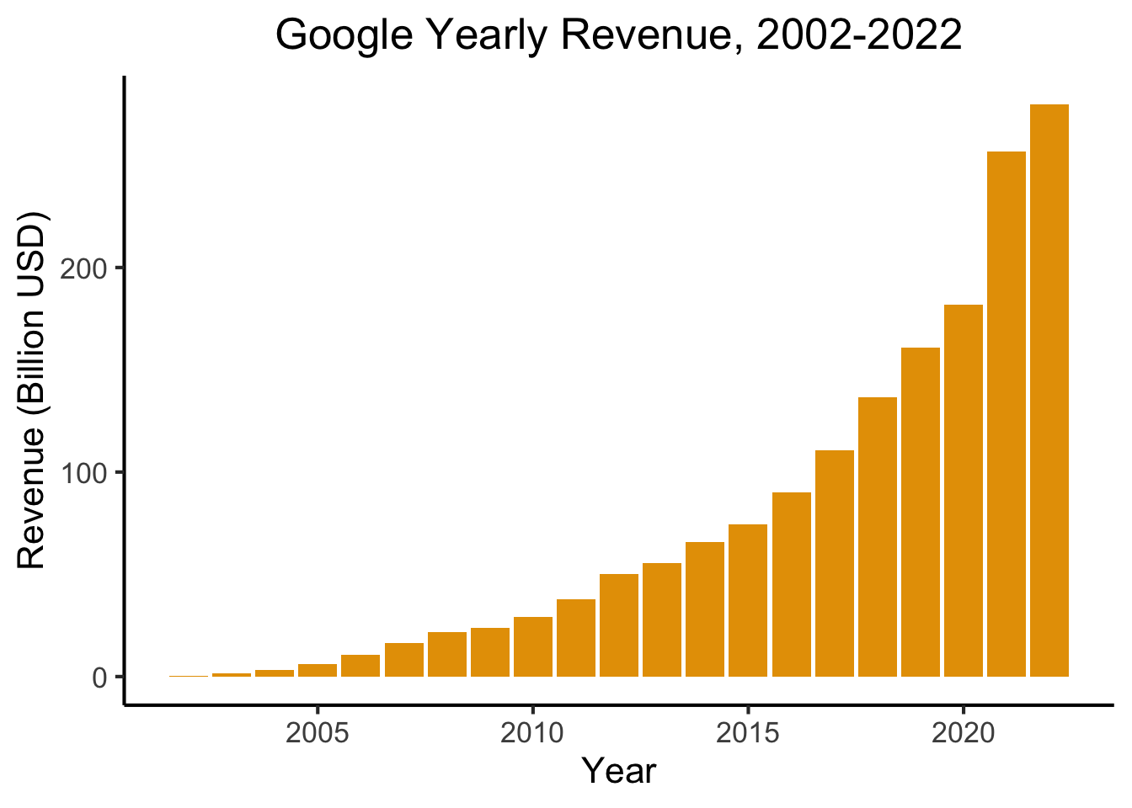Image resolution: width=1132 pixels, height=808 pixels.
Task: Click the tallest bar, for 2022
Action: pyautogui.click(x=1049, y=391)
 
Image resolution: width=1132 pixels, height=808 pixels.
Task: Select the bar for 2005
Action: pyautogui.click(x=318, y=670)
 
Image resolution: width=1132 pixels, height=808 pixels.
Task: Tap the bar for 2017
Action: pyautogui.click(x=834, y=563)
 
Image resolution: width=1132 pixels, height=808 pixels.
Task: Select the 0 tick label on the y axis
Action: pyautogui.click(x=99, y=678)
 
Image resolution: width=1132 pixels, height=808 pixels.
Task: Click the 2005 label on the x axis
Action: pyautogui.click(x=318, y=733)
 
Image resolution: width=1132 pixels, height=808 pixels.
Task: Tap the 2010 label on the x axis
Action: pyautogui.click(x=532, y=733)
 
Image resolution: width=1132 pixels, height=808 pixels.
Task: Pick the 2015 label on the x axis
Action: pyautogui.click(x=748, y=733)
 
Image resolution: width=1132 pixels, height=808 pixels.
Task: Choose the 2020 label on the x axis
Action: pyautogui.click(x=963, y=733)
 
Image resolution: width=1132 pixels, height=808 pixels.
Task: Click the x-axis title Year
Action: pyautogui.click(x=618, y=771)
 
